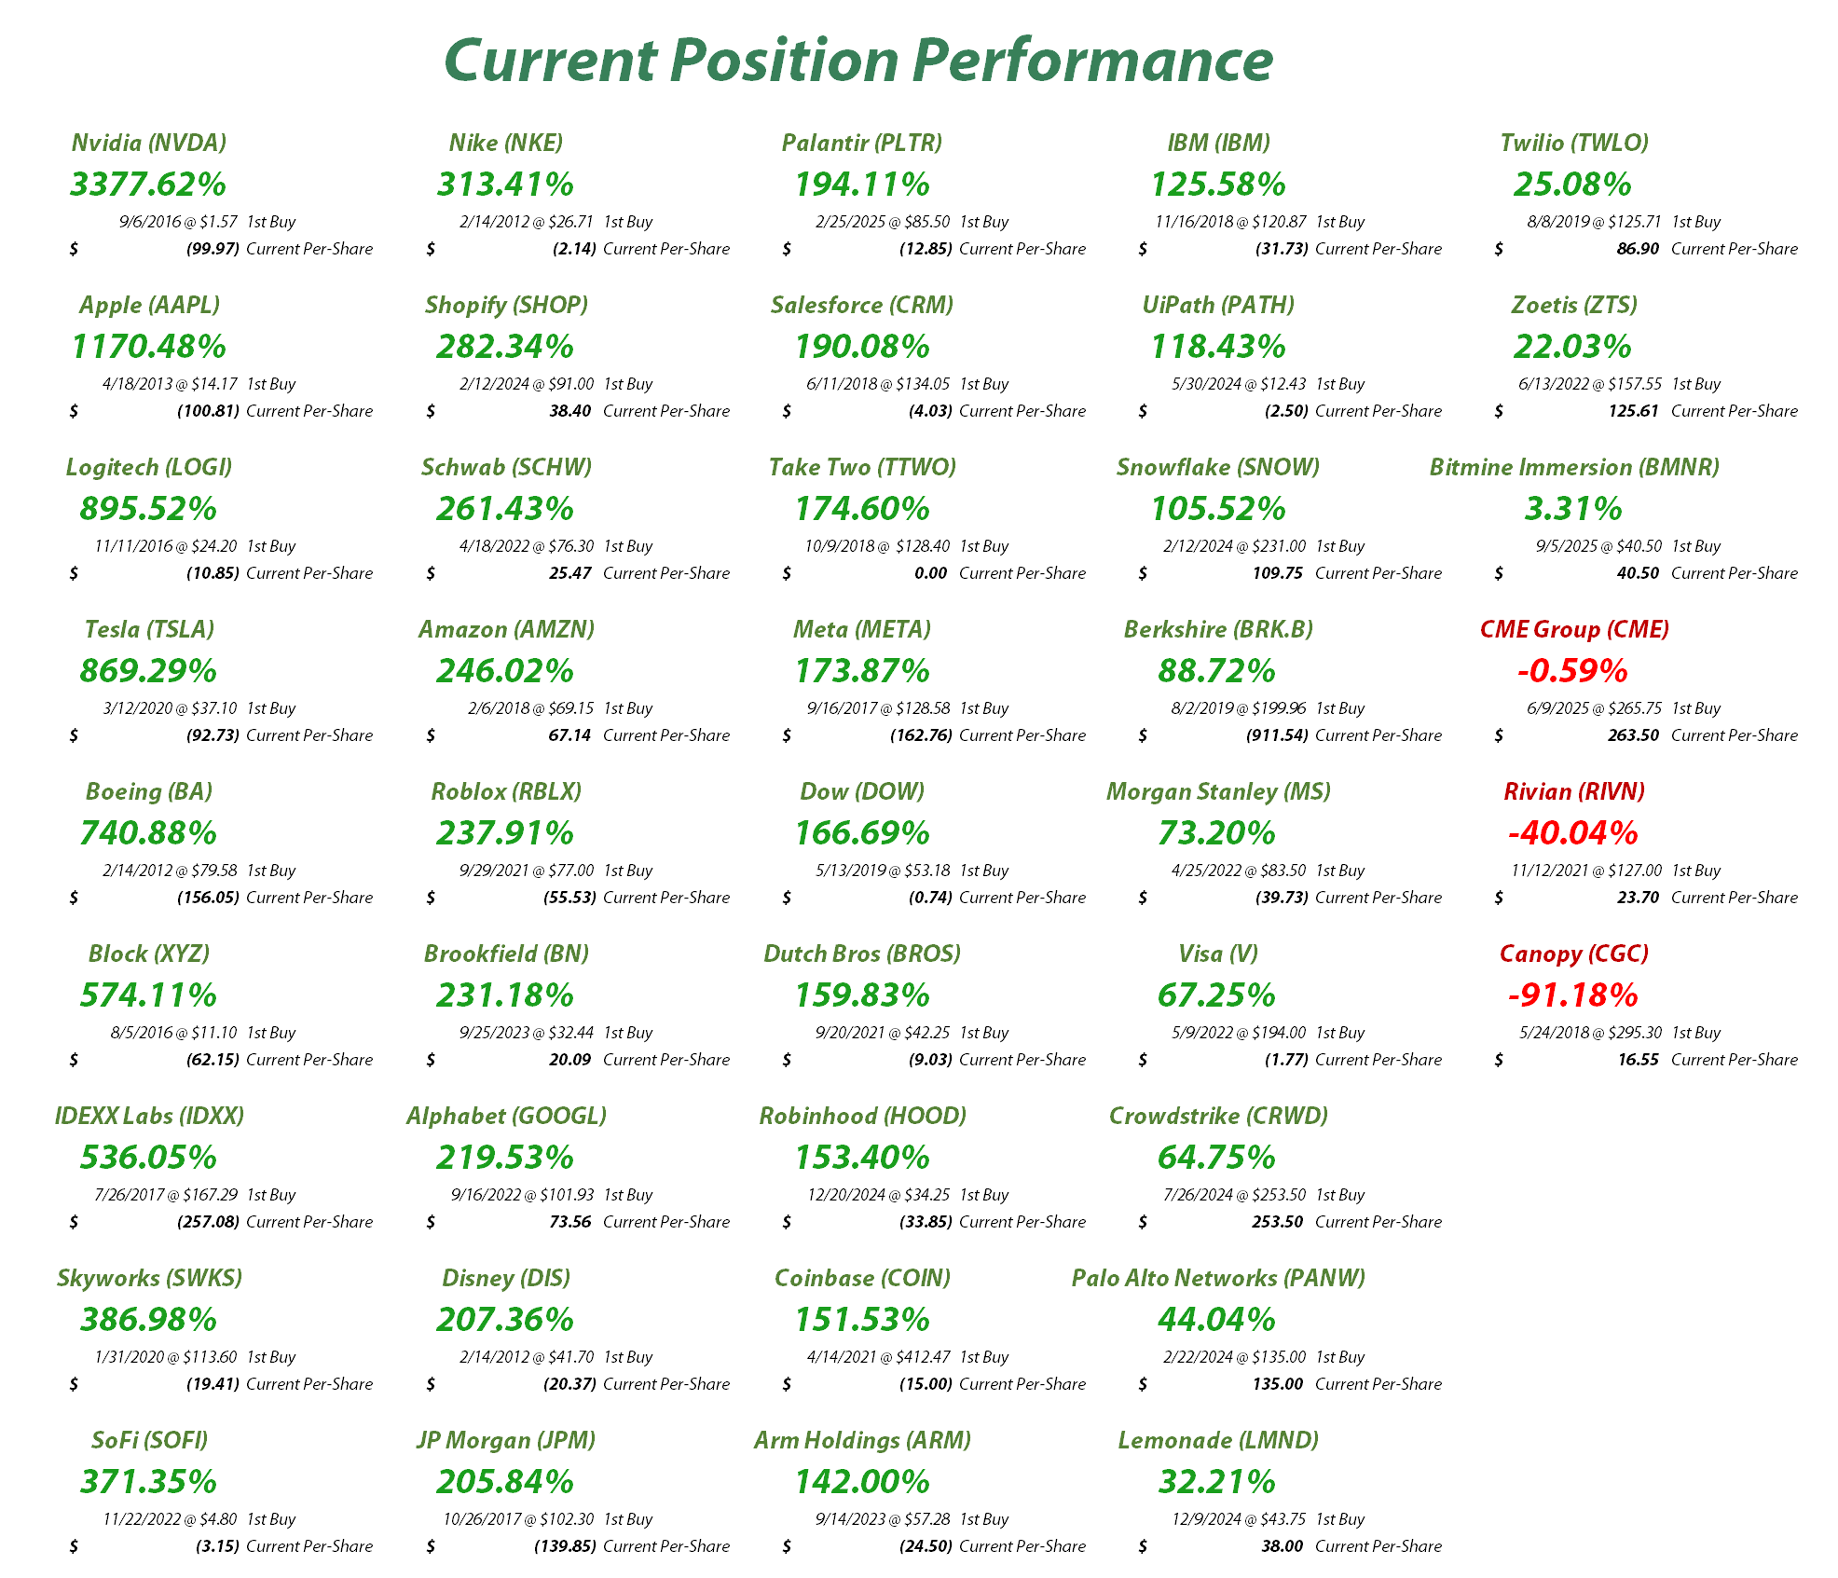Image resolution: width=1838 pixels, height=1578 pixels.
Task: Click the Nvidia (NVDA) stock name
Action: click(149, 143)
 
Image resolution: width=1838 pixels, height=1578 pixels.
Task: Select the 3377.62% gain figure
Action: click(148, 184)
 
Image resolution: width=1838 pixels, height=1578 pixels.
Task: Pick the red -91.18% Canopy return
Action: click(1572, 995)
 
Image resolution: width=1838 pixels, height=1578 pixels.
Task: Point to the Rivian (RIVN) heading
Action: click(1573, 791)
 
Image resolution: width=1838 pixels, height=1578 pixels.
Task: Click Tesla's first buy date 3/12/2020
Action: click(138, 708)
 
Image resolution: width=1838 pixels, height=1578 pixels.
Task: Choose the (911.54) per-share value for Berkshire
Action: click(1277, 735)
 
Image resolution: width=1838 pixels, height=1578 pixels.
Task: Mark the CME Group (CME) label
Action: click(1573, 629)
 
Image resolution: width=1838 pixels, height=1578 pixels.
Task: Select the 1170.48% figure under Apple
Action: click(148, 347)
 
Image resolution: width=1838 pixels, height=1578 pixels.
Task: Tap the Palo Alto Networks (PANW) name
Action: click(1217, 1278)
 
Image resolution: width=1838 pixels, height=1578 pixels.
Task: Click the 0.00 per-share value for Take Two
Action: click(930, 573)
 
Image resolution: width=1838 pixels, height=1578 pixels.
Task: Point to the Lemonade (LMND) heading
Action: click(1217, 1440)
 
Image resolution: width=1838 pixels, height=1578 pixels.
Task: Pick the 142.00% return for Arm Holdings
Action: click(861, 1482)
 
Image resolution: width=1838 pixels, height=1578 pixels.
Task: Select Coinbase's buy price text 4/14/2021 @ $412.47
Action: click(878, 1357)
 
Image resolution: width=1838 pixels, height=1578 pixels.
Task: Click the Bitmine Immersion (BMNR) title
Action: click(1573, 467)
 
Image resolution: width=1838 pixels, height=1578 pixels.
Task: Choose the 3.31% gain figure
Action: click(1572, 509)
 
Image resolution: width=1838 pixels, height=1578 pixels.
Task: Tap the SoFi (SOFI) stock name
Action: click(149, 1440)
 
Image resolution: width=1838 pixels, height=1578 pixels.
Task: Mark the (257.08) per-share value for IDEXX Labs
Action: click(208, 1222)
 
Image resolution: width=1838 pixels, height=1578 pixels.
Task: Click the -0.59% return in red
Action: click(1572, 671)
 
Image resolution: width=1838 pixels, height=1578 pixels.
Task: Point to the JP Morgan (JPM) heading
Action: click(505, 1440)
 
